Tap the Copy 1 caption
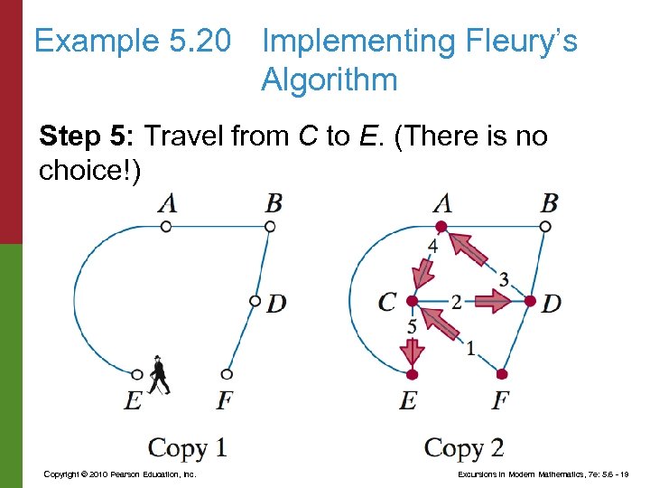[x=187, y=447]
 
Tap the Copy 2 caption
[x=463, y=447]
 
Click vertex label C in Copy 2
[x=387, y=301]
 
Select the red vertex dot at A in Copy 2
[x=441, y=226]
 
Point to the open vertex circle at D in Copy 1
[x=255, y=301]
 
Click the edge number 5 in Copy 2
[x=412, y=327]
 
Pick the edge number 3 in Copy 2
[x=504, y=278]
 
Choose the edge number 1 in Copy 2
[x=470, y=348]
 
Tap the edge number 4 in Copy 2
[x=432, y=245]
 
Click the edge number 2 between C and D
[x=457, y=302]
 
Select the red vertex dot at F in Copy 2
[x=502, y=374]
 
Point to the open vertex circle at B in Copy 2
[x=545, y=227]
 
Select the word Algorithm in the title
[x=329, y=80]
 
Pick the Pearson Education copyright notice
[x=119, y=474]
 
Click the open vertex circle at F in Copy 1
[x=227, y=374]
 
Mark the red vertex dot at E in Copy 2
[x=412, y=374]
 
